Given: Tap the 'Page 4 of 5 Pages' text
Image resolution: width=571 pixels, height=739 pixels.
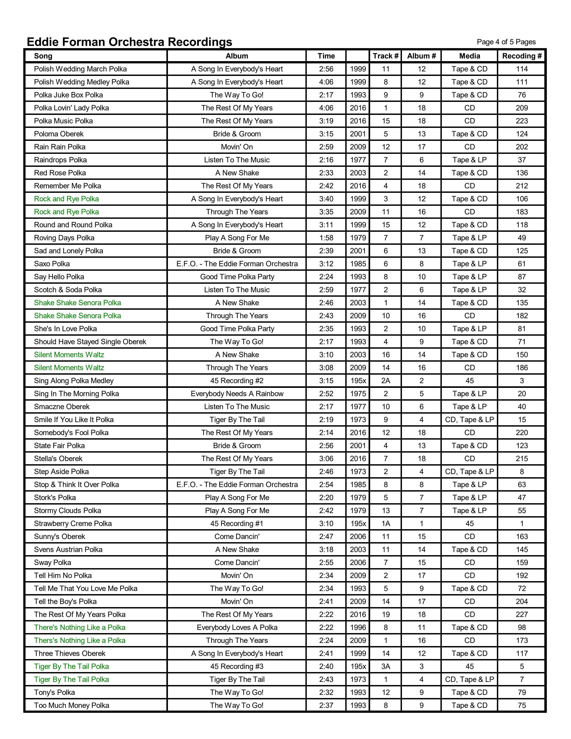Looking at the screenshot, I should (506, 42).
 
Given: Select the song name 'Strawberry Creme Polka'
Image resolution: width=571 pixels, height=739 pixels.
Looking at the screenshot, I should (73, 524).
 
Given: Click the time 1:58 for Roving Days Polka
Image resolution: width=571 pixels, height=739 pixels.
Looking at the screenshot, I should (326, 238).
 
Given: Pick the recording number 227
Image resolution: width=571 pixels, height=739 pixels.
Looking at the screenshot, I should (522, 614).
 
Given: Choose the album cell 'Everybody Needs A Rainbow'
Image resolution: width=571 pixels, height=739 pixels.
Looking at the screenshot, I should (237, 393).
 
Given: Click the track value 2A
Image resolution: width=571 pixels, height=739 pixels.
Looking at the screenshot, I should (386, 381).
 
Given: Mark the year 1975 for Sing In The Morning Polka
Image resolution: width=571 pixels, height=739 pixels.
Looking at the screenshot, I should (358, 393).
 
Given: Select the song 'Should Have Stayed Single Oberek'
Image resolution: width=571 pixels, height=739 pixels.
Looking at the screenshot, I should (90, 342).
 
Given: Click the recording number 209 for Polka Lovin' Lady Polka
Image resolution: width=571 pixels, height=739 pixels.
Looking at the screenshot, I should (522, 108).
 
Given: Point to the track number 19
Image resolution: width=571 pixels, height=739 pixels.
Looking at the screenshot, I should (386, 614).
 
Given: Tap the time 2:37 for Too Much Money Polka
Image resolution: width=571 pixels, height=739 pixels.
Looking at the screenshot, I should (326, 705).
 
